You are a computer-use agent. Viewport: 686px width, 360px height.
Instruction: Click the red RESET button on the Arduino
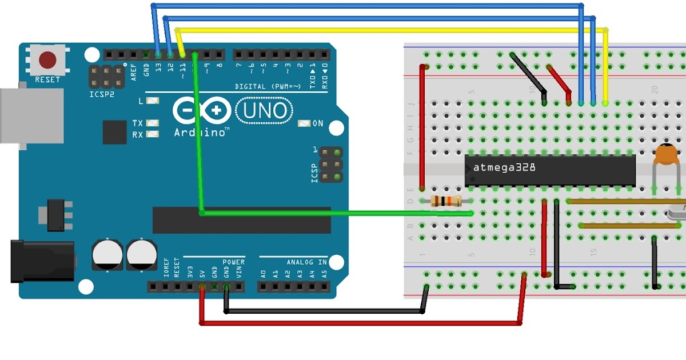tap(47, 60)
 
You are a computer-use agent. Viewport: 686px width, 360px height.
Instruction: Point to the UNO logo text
tap(264, 110)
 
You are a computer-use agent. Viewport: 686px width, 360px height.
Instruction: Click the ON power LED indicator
tap(304, 123)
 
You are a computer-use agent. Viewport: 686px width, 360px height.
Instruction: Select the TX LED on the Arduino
tap(152, 123)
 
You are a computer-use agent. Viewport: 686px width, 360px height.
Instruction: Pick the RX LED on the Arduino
tap(152, 134)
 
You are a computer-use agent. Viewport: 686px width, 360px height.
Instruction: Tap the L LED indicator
tap(152, 101)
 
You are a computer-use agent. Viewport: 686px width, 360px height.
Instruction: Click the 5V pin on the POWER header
tap(202, 286)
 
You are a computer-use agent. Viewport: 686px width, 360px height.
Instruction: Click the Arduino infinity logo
tap(201, 110)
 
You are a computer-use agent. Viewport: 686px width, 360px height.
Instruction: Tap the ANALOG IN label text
tap(307, 262)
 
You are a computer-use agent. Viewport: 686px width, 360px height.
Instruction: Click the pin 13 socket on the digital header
tap(158, 55)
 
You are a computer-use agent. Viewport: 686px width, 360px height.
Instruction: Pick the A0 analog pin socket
tap(263, 286)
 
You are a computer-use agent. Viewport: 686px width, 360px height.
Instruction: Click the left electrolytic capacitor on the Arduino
tap(107, 254)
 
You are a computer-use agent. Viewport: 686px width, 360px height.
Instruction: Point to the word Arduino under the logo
tap(200, 133)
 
